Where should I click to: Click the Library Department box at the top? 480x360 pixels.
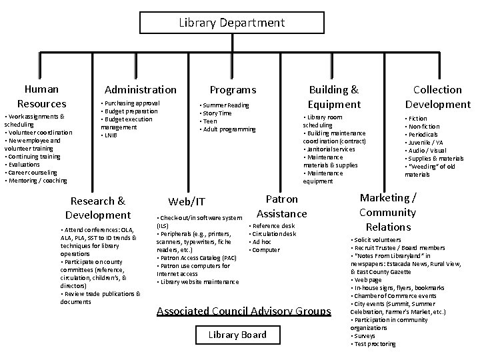coord(231,23)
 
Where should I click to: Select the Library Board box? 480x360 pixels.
coord(237,335)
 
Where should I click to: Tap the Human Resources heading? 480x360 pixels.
coord(41,96)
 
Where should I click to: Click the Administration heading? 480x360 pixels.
coord(141,89)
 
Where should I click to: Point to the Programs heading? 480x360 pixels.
coord(233,89)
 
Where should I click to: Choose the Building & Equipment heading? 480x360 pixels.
coord(333,97)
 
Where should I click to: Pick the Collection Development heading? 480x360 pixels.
coord(437,97)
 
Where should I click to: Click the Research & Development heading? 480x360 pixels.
coord(98,207)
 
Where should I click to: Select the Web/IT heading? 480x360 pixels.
coord(187,201)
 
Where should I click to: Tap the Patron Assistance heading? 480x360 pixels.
coord(282,206)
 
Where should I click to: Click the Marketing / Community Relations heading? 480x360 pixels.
coord(387,212)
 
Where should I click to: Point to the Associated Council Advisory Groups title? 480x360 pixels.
coord(243,311)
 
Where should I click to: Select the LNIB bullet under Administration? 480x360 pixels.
coord(109,135)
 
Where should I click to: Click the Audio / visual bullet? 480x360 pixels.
coord(427,151)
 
